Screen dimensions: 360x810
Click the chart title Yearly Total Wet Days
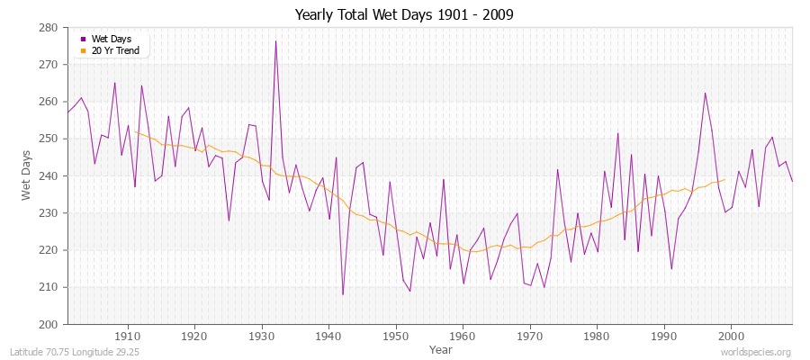pyautogui.click(x=404, y=15)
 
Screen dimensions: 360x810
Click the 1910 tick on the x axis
pyautogui.click(x=127, y=337)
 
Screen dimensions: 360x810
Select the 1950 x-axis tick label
pyautogui.click(x=395, y=337)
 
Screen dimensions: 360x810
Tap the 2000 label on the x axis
pyautogui.click(x=730, y=337)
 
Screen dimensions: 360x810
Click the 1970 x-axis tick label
pyautogui.click(x=529, y=337)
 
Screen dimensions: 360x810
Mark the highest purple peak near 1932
pyautogui.click(x=275, y=41)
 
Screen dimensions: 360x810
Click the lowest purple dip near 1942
pyautogui.click(x=343, y=294)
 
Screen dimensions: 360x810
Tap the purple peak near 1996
pyautogui.click(x=705, y=93)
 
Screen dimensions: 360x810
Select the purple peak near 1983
pyautogui.click(x=617, y=133)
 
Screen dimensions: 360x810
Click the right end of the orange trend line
pyautogui.click(x=724, y=179)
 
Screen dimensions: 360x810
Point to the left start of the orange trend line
pyautogui.click(x=135, y=131)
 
